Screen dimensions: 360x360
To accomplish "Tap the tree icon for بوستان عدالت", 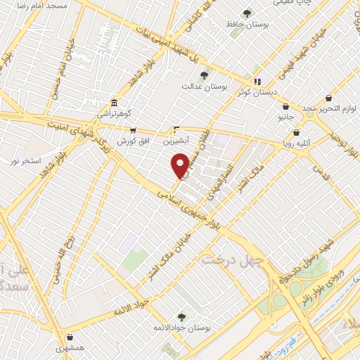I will pyautogui.click(x=204, y=75).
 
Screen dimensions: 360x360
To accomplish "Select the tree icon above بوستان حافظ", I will pyautogui.click(x=247, y=13).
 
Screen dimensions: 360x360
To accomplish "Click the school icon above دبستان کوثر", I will pyautogui.click(x=258, y=81).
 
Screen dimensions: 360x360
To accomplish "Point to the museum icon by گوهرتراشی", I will pyautogui.click(x=114, y=103).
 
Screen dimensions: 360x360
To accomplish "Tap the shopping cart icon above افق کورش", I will pyautogui.click(x=133, y=131).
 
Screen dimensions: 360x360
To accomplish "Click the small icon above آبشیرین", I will pyautogui.click(x=177, y=129).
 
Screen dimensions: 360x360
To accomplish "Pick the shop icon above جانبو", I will pyautogui.click(x=285, y=106).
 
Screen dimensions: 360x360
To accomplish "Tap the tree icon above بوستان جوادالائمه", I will pyautogui.click(x=181, y=316).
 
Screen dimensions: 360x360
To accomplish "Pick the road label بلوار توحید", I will pyautogui.click(x=340, y=131).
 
